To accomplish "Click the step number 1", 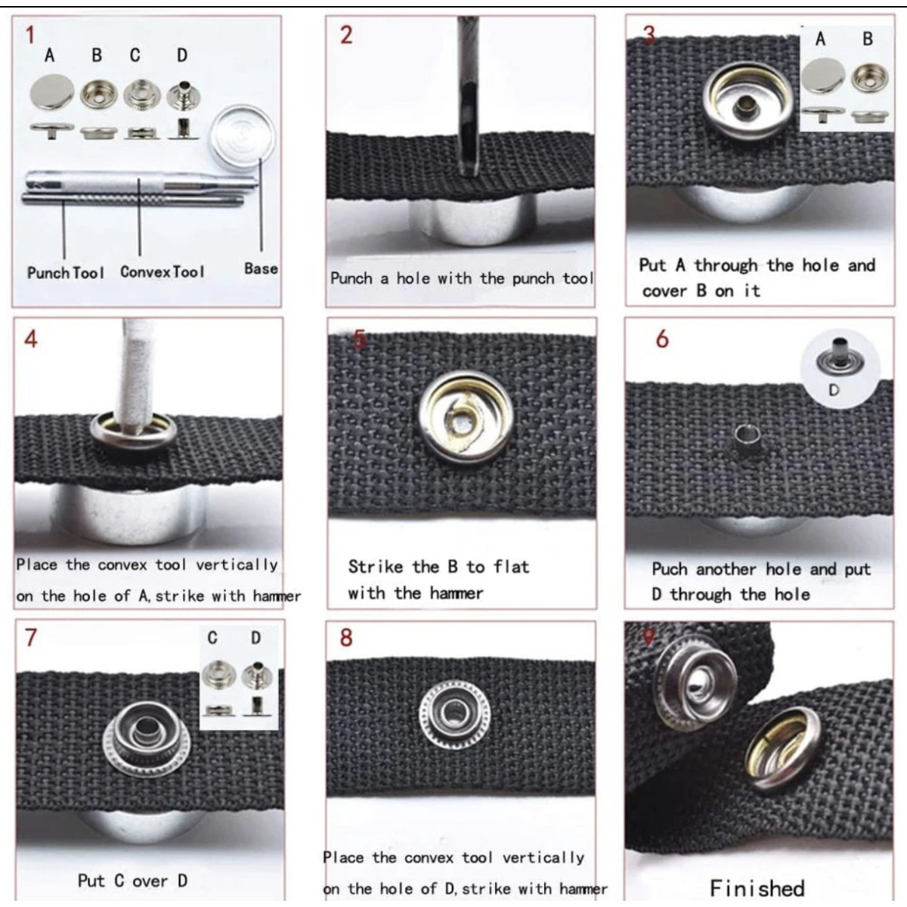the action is (30, 35).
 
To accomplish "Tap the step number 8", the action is (346, 638).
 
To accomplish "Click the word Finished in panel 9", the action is (757, 887).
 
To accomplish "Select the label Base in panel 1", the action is (261, 268).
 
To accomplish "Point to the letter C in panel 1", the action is (135, 55).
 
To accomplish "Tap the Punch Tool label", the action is (66, 273).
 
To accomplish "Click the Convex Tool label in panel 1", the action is (163, 271).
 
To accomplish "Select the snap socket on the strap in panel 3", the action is (747, 102).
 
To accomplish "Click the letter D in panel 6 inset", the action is (834, 390).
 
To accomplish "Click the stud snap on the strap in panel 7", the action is (147, 738).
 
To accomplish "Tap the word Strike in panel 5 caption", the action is (376, 567).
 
